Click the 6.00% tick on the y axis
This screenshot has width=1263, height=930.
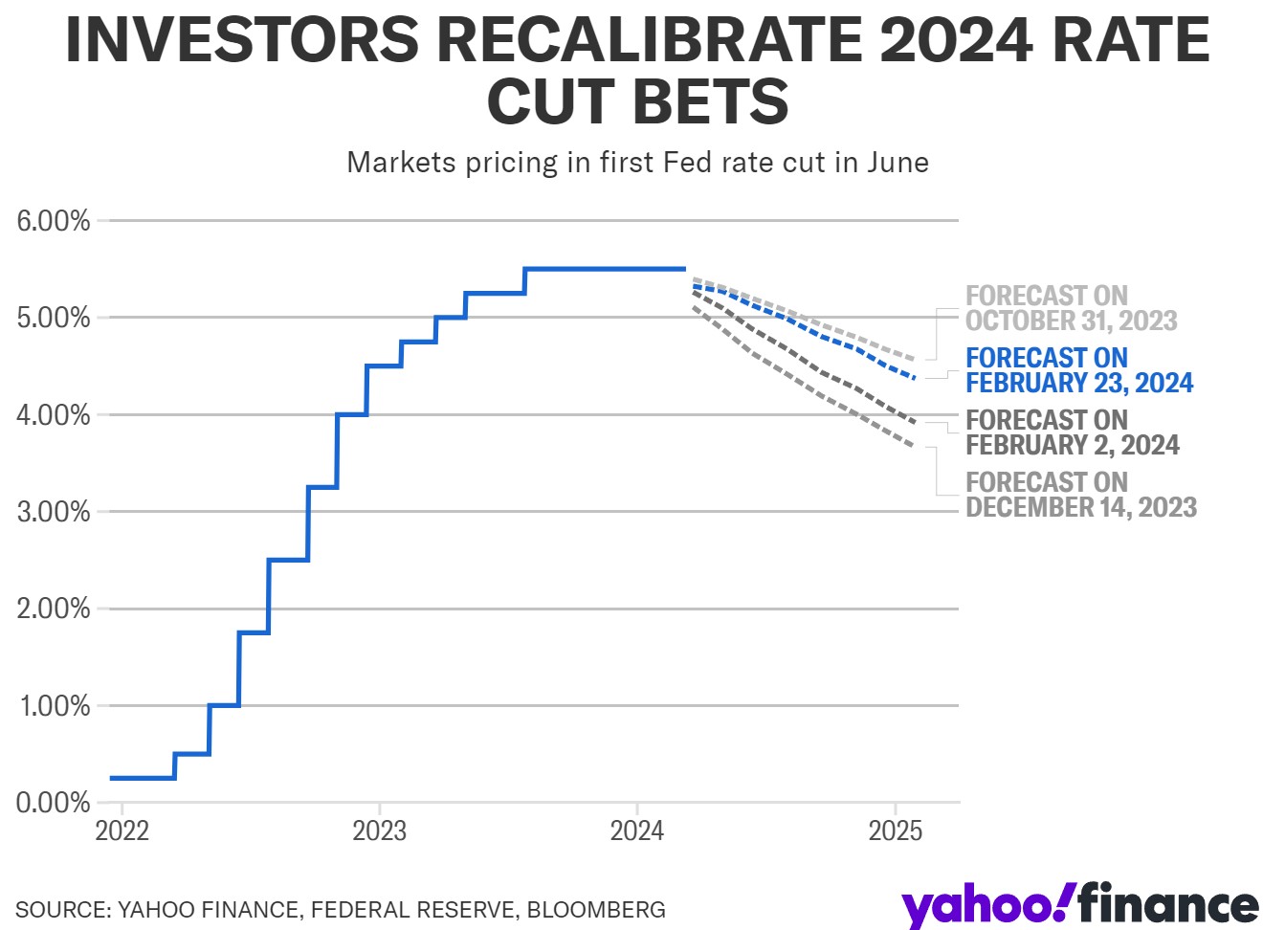[54, 221]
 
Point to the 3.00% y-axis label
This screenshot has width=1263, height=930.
[54, 512]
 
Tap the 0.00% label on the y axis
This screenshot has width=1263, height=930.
[54, 803]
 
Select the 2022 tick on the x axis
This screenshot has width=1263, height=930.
[122, 830]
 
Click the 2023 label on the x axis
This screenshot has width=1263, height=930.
[380, 830]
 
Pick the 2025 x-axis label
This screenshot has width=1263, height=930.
[896, 830]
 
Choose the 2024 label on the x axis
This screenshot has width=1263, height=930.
[637, 830]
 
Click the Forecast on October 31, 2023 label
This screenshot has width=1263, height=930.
[1071, 308]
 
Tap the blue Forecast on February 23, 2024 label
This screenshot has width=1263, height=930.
[1079, 370]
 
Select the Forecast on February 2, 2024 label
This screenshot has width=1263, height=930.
[1072, 432]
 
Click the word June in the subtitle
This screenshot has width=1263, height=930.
[897, 163]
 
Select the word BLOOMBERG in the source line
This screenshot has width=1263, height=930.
[596, 909]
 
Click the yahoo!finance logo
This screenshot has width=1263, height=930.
[1079, 905]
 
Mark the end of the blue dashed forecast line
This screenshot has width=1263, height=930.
[916, 379]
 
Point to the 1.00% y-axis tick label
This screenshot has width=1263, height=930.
[54, 706]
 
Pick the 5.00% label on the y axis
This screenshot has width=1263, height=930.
[54, 318]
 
